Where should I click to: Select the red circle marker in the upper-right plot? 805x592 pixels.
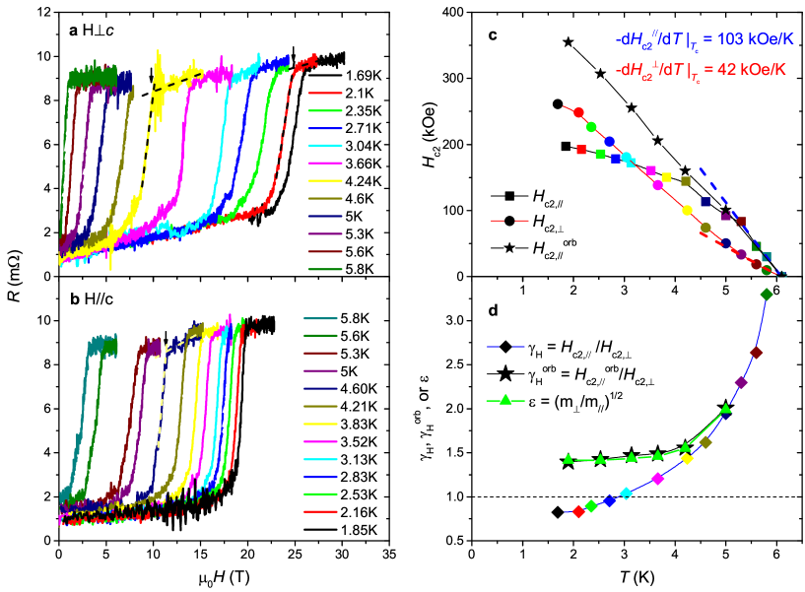(x=578, y=112)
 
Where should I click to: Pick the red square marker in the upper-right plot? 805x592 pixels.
(x=581, y=150)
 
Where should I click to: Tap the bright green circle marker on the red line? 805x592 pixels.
(x=591, y=126)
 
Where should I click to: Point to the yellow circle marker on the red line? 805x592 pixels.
(x=687, y=210)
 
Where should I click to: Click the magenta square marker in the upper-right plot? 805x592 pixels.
(x=651, y=170)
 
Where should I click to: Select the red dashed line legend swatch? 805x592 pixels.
(x=509, y=221)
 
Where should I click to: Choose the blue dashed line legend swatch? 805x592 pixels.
(x=505, y=347)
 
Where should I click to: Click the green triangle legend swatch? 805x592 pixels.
(x=505, y=400)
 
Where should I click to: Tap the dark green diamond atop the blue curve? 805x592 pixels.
(x=766, y=294)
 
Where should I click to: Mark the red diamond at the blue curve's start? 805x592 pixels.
(x=578, y=511)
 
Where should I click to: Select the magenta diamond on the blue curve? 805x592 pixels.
(x=658, y=480)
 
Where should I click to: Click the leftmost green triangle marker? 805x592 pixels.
(x=568, y=458)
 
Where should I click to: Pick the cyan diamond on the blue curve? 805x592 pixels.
(x=626, y=493)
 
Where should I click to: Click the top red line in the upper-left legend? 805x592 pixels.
(x=325, y=94)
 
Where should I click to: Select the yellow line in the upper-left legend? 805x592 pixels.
(x=325, y=181)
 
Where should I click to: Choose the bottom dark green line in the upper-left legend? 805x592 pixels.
(x=325, y=269)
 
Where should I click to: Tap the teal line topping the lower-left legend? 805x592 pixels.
(x=320, y=318)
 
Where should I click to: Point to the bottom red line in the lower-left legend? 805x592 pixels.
(x=320, y=511)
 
